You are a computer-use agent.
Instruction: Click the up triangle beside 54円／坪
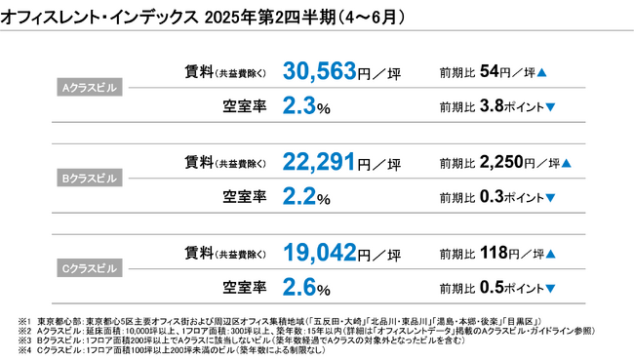541,73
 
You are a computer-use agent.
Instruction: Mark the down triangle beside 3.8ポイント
550,107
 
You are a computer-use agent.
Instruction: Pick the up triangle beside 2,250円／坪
567,164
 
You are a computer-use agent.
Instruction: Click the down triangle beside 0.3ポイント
550,198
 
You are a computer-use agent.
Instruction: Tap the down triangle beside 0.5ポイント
550,290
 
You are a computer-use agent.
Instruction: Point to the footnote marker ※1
24,320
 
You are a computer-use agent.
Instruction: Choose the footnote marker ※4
24,349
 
